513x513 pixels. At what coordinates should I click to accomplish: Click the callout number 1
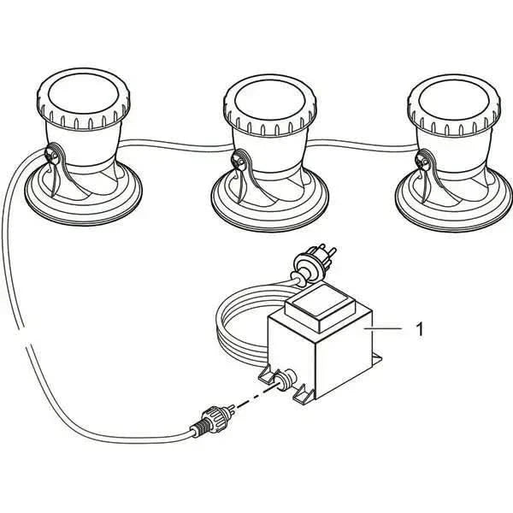418,327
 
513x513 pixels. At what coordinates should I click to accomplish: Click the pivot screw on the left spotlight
52,155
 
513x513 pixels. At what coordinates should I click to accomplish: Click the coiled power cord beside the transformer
235,329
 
